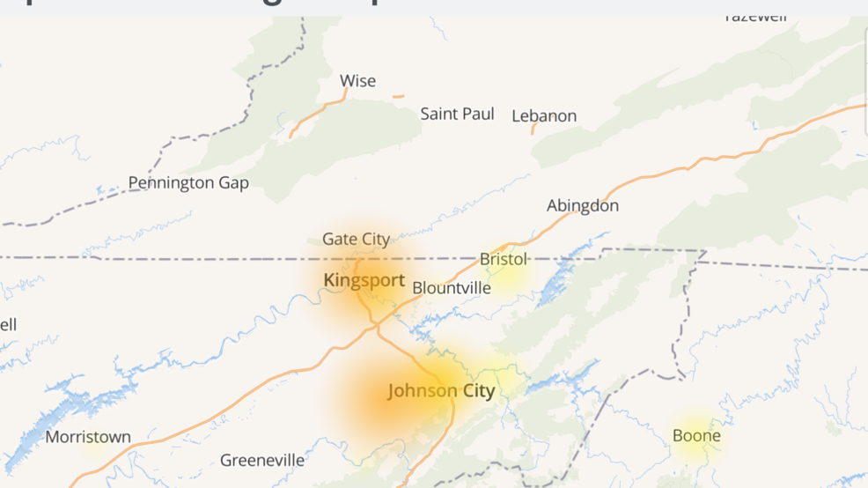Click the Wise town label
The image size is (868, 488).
[357, 81]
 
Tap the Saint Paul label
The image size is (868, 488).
[457, 114]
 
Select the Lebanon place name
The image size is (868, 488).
[544, 115]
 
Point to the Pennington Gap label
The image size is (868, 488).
[188, 183]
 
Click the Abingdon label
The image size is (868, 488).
[583, 206]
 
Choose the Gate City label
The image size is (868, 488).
[356, 239]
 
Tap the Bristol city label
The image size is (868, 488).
[504, 259]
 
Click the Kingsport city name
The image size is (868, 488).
[364, 281]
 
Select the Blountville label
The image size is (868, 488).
[452, 288]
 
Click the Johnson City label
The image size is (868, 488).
[441, 391]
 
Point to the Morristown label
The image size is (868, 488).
[88, 437]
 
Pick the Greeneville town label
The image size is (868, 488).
[262, 460]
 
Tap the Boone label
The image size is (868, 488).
[696, 436]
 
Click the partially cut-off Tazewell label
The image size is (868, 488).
[755, 18]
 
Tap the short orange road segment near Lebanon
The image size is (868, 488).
[533, 129]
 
